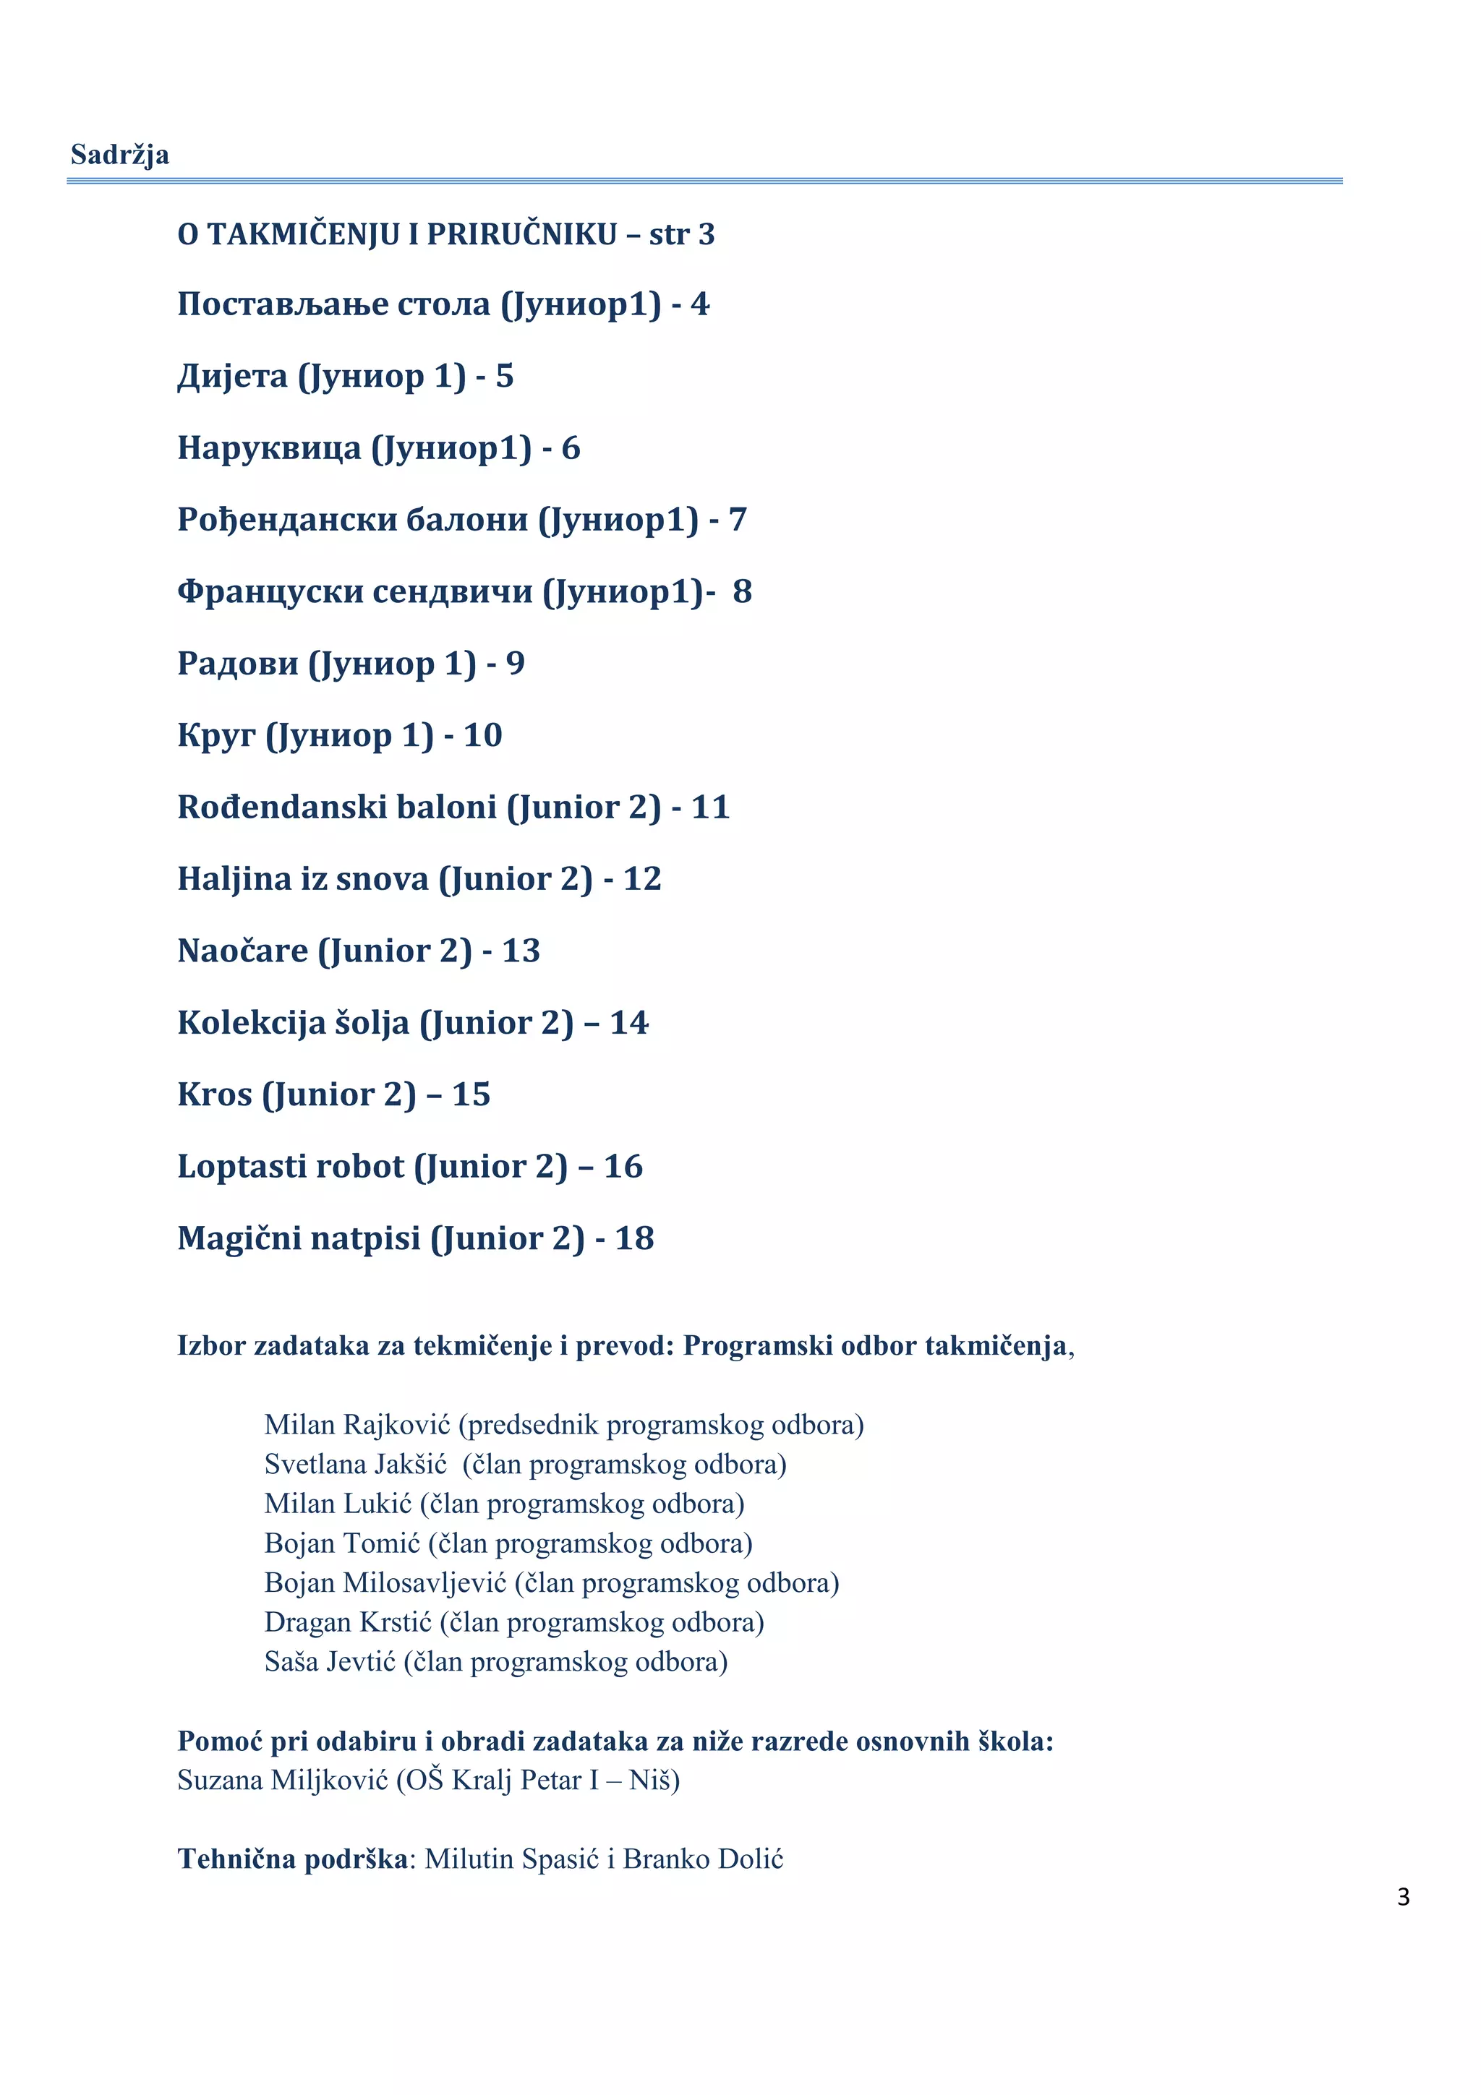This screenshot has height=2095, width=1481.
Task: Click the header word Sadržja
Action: [x=119, y=155]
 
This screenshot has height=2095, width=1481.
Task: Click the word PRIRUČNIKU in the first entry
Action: [x=522, y=234]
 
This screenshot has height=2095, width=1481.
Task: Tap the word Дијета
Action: [x=232, y=376]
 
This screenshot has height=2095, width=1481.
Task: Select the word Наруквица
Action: [x=268, y=448]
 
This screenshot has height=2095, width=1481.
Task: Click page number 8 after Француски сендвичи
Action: [x=742, y=591]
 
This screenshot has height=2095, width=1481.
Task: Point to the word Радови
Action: [x=237, y=664]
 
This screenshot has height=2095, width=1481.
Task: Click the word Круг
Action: [x=215, y=735]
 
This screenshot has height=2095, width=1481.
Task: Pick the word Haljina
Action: [x=234, y=878]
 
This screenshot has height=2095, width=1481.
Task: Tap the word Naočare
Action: [x=242, y=951]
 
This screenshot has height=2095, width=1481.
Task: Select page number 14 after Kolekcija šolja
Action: [x=628, y=1023]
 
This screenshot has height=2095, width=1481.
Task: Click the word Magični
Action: [x=239, y=1238]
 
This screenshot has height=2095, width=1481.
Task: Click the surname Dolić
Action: [x=748, y=1859]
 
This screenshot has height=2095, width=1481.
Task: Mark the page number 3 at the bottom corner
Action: [x=1402, y=1897]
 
